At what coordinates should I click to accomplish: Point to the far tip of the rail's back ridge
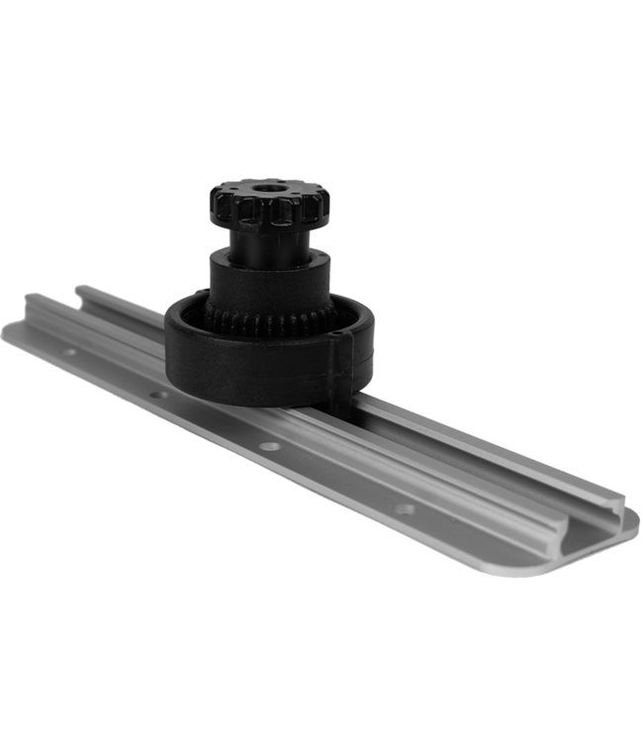pos(84,286)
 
